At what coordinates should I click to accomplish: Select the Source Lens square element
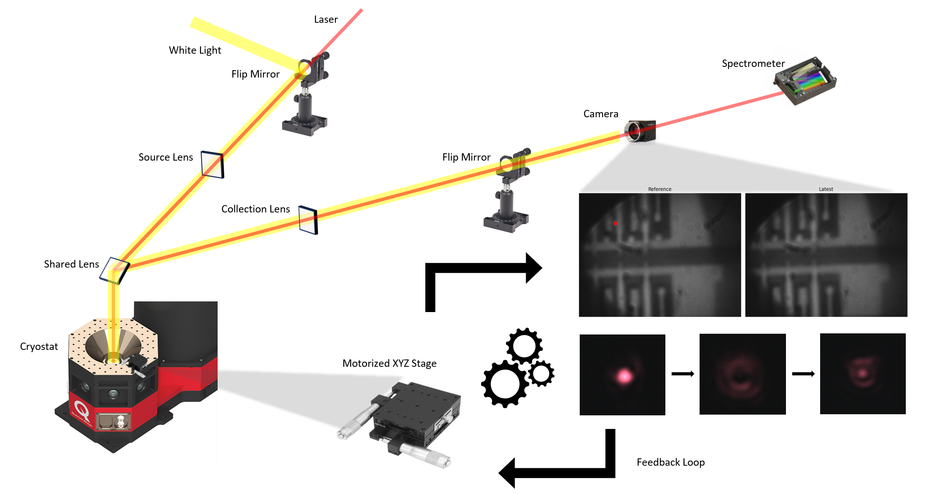pyautogui.click(x=212, y=164)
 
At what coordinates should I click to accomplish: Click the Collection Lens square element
pyautogui.click(x=308, y=220)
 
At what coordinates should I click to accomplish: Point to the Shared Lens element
pyautogui.click(x=115, y=270)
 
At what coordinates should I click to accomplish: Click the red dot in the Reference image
pyautogui.click(x=615, y=223)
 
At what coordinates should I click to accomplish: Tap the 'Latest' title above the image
pyautogui.click(x=826, y=189)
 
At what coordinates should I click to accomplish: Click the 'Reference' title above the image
pyautogui.click(x=659, y=189)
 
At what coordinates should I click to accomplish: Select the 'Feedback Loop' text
pyautogui.click(x=671, y=462)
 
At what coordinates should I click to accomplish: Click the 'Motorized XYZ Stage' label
pyautogui.click(x=389, y=363)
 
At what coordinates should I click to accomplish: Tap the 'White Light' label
pyautogui.click(x=195, y=50)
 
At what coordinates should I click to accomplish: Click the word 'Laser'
pyautogui.click(x=326, y=19)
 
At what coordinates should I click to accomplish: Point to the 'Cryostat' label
pyautogui.click(x=39, y=346)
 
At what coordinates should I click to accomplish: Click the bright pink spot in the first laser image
pyautogui.click(x=624, y=376)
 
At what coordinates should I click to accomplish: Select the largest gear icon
pyautogui.click(x=505, y=384)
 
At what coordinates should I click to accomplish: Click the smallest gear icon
pyautogui.click(x=541, y=374)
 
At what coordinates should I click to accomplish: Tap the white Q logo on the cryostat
pyautogui.click(x=82, y=409)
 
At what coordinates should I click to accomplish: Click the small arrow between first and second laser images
pyautogui.click(x=683, y=374)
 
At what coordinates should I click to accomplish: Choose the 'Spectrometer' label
pyautogui.click(x=753, y=63)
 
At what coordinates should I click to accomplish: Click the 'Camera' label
pyautogui.click(x=601, y=114)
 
